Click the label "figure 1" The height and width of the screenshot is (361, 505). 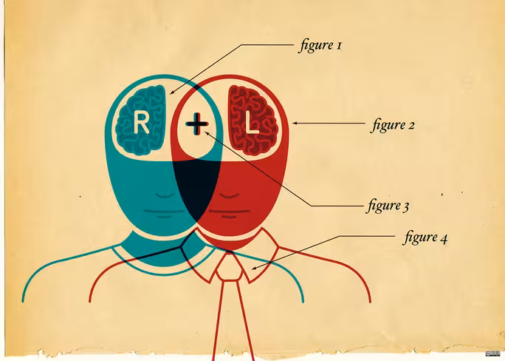pyautogui.click(x=320, y=45)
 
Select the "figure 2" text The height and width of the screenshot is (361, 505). pyautogui.click(x=392, y=125)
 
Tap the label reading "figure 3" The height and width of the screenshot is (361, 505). pyautogui.click(x=388, y=206)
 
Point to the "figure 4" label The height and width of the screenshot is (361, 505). pyautogui.click(x=425, y=237)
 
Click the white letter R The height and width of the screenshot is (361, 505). pyautogui.click(x=141, y=122)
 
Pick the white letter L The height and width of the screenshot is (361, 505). pyautogui.click(x=252, y=123)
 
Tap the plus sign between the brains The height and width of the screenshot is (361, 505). pyautogui.click(x=197, y=124)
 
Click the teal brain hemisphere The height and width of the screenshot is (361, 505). pyautogui.click(x=141, y=121)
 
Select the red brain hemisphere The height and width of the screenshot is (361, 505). pyautogui.click(x=252, y=121)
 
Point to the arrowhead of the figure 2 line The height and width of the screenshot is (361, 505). pyautogui.click(x=294, y=123)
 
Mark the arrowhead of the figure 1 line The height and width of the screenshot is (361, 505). pyautogui.click(x=171, y=93)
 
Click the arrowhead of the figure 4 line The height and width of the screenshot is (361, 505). pyautogui.click(x=254, y=268)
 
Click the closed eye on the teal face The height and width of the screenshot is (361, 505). pyautogui.click(x=165, y=195)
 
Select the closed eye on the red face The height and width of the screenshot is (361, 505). pyautogui.click(x=229, y=195)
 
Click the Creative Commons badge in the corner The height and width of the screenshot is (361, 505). pyautogui.click(x=492, y=354)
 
